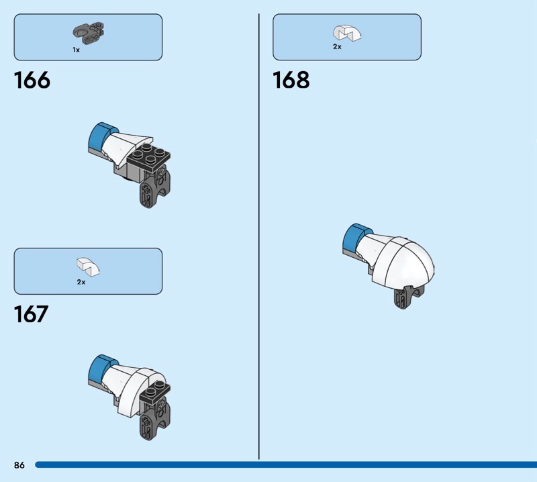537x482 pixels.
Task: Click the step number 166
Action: [x=32, y=80]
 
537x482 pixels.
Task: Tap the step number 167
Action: [x=31, y=314]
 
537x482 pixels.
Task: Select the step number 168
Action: [x=291, y=80]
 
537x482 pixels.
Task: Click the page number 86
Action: [x=19, y=465]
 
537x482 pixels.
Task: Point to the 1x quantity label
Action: [x=76, y=50]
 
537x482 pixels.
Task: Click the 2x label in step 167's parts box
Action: [x=81, y=282]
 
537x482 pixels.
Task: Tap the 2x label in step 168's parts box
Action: [x=338, y=46]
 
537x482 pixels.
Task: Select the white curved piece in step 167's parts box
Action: [x=88, y=267]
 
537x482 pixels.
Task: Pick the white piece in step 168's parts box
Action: [x=347, y=33]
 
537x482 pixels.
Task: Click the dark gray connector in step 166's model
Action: [x=155, y=187]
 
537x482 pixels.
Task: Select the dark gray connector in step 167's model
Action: [x=155, y=419]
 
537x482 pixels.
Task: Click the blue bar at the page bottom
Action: [x=286, y=465]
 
